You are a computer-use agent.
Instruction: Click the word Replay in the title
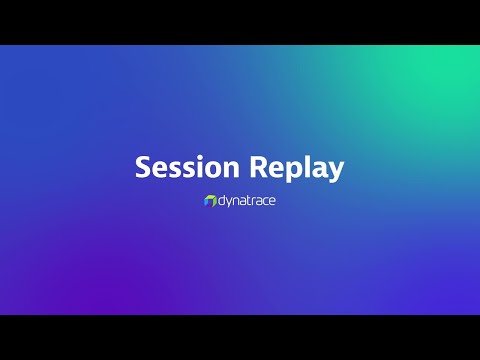(x=295, y=167)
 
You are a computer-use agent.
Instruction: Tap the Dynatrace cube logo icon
(x=210, y=201)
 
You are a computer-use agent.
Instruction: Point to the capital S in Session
(x=143, y=167)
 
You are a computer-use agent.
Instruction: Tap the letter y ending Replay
(x=336, y=171)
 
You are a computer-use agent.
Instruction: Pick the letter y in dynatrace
(x=232, y=203)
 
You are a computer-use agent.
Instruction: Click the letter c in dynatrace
(x=266, y=202)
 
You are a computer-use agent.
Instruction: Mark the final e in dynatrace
(x=273, y=202)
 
